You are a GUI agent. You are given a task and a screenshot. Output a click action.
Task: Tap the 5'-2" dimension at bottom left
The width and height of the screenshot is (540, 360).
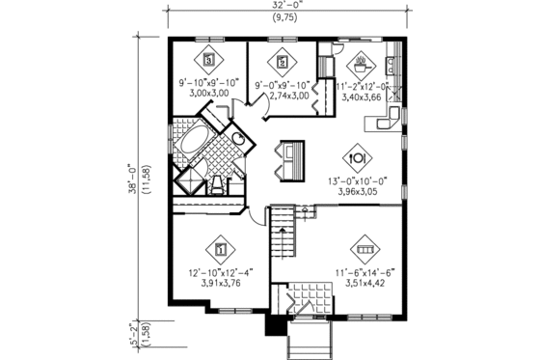point(129,318)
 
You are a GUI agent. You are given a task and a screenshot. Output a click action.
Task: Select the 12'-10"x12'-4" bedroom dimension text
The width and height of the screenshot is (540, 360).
point(221,273)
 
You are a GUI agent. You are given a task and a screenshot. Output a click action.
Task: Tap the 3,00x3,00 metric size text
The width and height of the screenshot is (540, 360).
point(208,95)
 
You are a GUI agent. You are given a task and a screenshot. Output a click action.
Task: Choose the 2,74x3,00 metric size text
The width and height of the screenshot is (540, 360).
point(282,96)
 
